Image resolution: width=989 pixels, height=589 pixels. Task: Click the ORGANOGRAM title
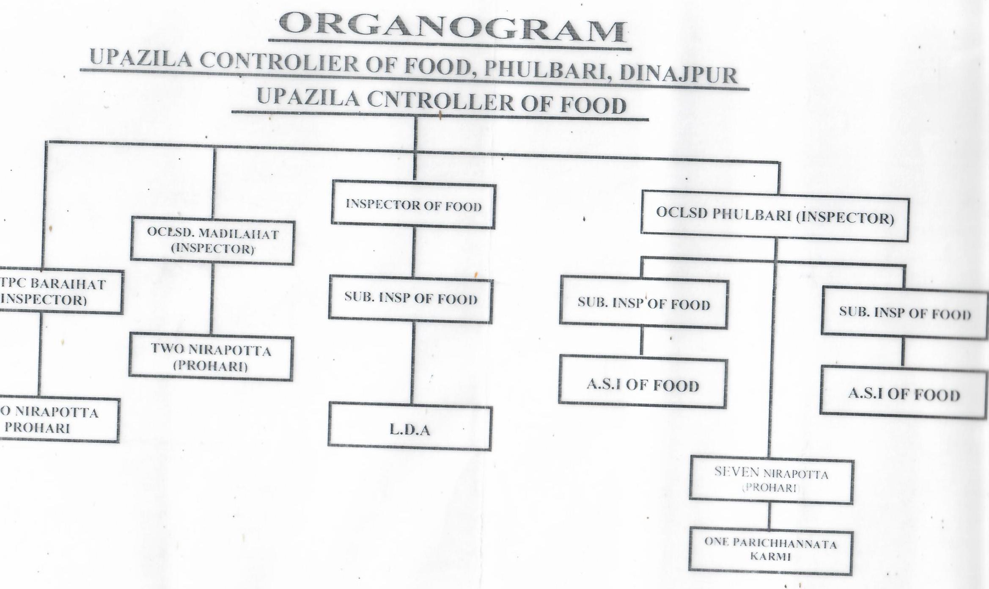point(451,28)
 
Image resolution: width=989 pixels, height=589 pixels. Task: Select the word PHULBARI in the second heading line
point(546,70)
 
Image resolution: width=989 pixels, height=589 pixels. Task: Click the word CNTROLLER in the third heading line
point(440,101)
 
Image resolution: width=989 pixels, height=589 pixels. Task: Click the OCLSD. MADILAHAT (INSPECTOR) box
point(212,241)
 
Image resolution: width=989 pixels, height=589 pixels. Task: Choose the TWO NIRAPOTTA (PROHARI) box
point(211,358)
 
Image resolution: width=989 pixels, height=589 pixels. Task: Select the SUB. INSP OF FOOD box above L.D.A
point(410,299)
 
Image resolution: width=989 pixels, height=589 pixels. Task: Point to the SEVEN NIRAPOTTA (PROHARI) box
point(771,481)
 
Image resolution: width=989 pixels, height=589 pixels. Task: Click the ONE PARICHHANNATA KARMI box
point(770,550)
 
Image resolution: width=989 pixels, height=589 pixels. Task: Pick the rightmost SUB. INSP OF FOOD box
point(904,313)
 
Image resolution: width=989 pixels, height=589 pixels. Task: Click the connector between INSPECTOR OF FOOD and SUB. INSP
point(413,252)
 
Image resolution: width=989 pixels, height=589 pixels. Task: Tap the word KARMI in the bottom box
point(770,557)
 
